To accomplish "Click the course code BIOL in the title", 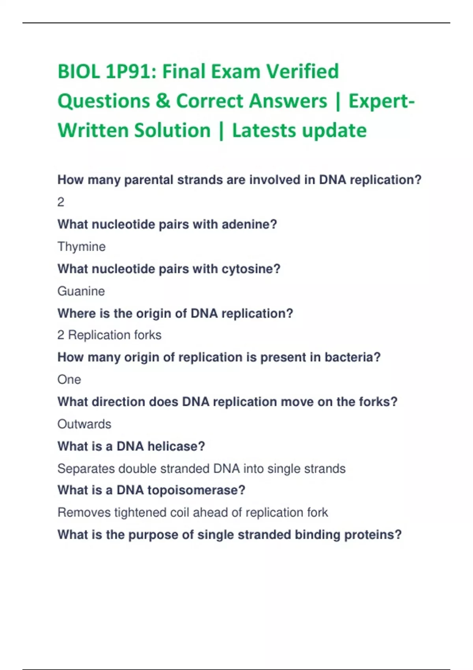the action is tap(79, 71).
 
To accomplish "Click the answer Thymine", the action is tap(81, 247).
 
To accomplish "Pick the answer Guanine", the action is tap(81, 291).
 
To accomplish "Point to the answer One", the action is tap(69, 380).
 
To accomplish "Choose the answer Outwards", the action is tap(84, 424).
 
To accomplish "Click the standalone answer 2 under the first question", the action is tap(61, 203).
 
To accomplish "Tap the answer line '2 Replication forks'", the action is tap(109, 335).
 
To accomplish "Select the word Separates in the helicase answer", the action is tap(86, 469).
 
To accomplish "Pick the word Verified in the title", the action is tap(302, 71).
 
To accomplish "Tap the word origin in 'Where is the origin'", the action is tap(154, 314).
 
